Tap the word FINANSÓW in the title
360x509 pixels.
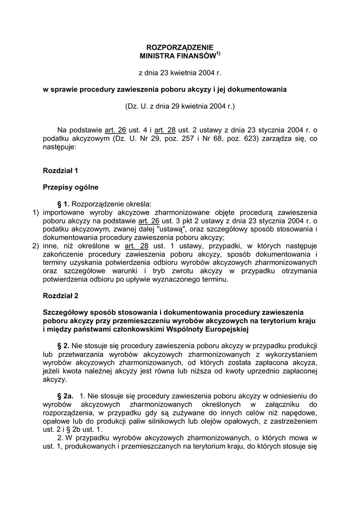coord(196,56)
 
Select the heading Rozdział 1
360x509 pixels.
coord(61,170)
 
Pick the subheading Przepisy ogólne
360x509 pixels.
coord(71,187)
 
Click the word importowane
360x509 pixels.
coord(66,212)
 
